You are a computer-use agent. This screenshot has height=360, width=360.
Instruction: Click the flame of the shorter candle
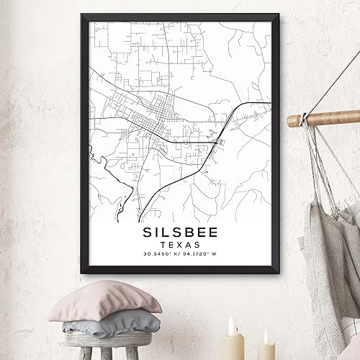[266, 337]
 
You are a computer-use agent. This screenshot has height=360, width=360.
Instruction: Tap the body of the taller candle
[232, 348]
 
